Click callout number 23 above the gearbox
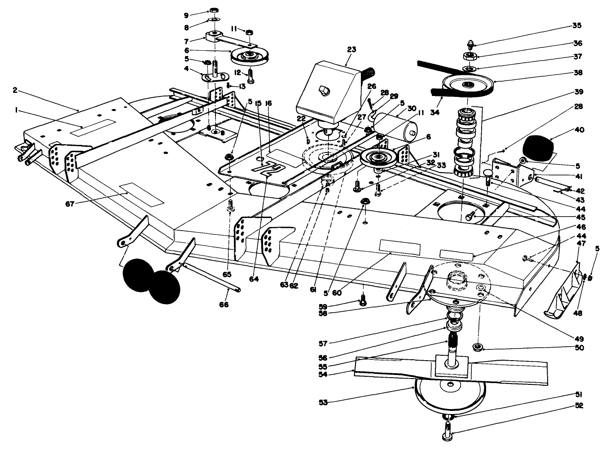point(351,49)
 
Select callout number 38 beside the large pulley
point(578,72)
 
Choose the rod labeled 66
point(211,279)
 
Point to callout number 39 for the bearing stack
point(578,92)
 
